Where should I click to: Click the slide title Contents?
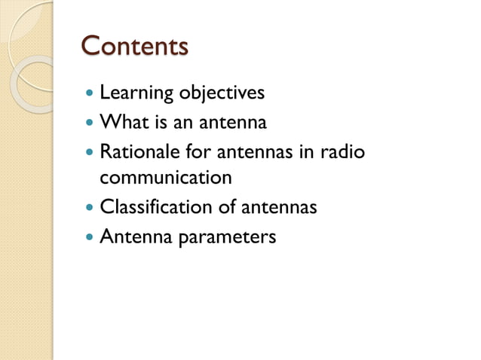(134, 46)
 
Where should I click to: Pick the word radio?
(341, 151)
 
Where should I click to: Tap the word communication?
(165, 178)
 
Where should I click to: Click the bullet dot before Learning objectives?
(90, 94)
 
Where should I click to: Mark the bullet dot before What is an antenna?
(90, 123)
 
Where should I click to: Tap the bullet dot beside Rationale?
(90, 151)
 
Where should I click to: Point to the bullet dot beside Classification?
(90, 208)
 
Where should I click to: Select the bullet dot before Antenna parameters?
(90, 236)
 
